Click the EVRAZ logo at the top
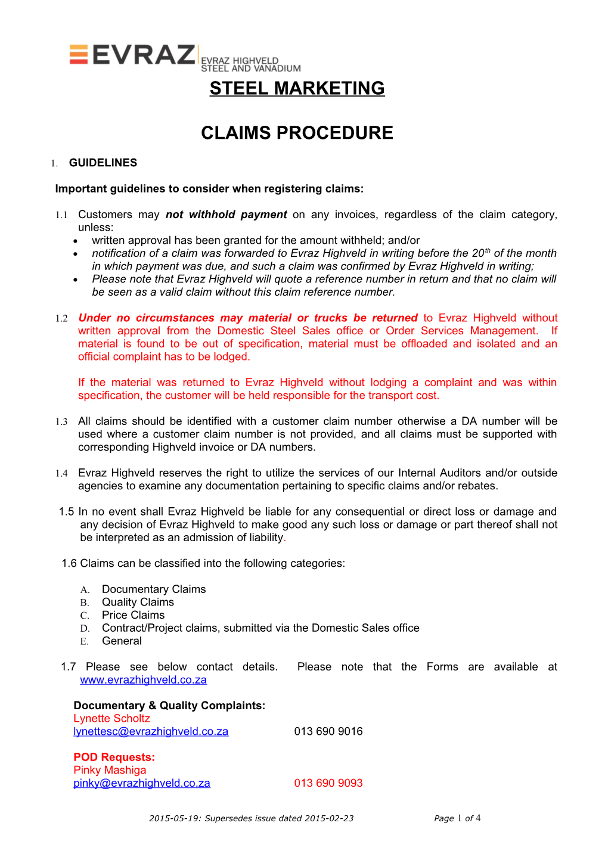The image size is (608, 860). coord(132,55)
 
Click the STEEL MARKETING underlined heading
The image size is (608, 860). coord(297,88)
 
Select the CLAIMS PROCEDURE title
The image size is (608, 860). coord(297,133)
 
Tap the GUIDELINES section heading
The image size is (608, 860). coord(103,163)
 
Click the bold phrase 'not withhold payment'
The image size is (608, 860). coord(226,215)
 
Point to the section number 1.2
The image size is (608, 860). coord(61,318)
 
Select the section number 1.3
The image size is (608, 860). coord(61,422)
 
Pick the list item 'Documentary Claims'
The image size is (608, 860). coord(154,589)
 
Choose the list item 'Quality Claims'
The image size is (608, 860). coord(138,602)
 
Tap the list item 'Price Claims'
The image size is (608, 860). coord(133,615)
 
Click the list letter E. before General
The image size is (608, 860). coord(85,641)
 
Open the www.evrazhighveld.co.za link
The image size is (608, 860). coord(143,680)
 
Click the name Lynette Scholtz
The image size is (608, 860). coord(111,718)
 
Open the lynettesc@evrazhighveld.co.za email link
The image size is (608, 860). coord(151,731)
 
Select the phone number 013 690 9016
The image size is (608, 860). coord(328,731)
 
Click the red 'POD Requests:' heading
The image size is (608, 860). coord(114,757)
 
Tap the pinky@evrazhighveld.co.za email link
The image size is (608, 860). coord(142,783)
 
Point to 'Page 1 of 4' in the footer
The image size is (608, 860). coord(457,818)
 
